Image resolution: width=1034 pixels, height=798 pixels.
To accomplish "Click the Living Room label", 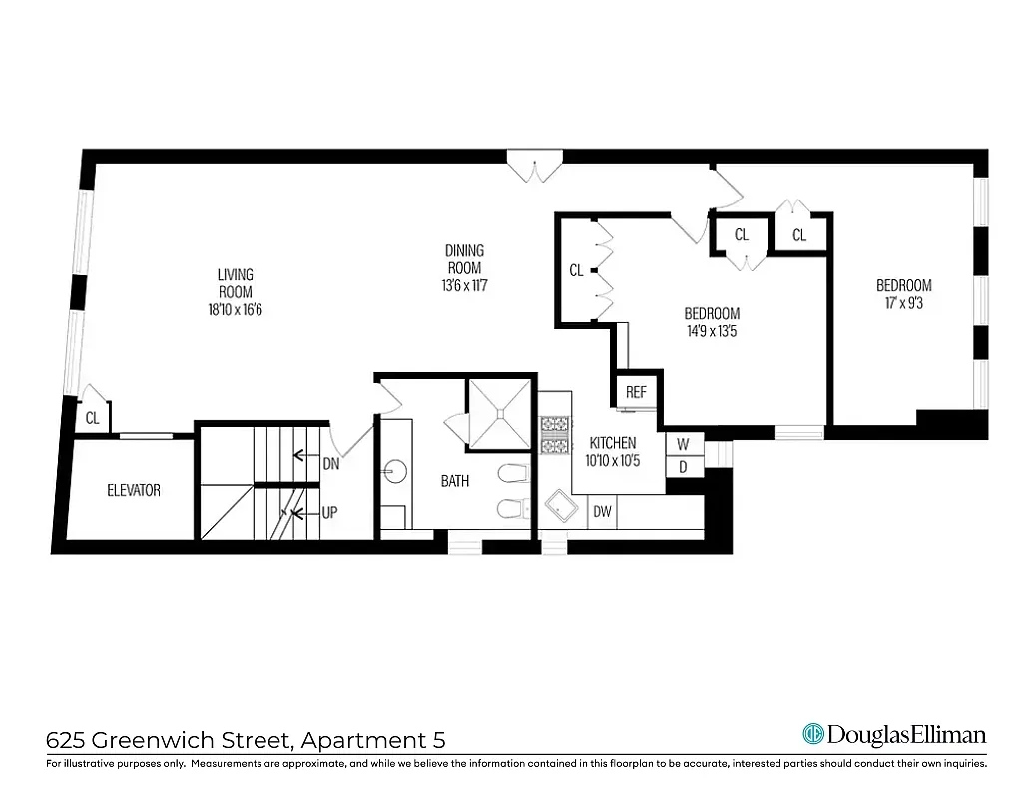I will point(236,283).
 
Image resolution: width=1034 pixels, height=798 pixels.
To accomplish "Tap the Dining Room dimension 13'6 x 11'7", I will point(464,285).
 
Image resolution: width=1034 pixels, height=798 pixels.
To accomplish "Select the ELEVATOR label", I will point(134,490).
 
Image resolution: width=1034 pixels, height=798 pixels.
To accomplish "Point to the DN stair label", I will point(331,463).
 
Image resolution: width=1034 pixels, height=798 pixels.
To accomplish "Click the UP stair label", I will point(329,513).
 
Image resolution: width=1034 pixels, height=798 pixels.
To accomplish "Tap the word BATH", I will point(455,481).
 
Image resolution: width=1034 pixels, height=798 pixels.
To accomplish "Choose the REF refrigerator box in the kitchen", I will point(636,392).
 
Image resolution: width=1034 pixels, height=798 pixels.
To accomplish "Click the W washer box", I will point(684,443).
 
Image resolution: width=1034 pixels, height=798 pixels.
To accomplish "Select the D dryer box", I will point(684,466).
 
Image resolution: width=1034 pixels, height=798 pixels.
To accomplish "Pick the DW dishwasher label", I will point(602,512).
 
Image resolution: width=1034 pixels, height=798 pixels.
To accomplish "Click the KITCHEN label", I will point(613,443).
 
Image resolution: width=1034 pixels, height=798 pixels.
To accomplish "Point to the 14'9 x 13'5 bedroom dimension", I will point(712,331).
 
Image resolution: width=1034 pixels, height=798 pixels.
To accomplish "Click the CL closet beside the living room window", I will point(92,419).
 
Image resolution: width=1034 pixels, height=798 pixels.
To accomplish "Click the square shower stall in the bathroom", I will point(497,415).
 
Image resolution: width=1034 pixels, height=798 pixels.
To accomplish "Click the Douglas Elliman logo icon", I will point(814,735).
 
